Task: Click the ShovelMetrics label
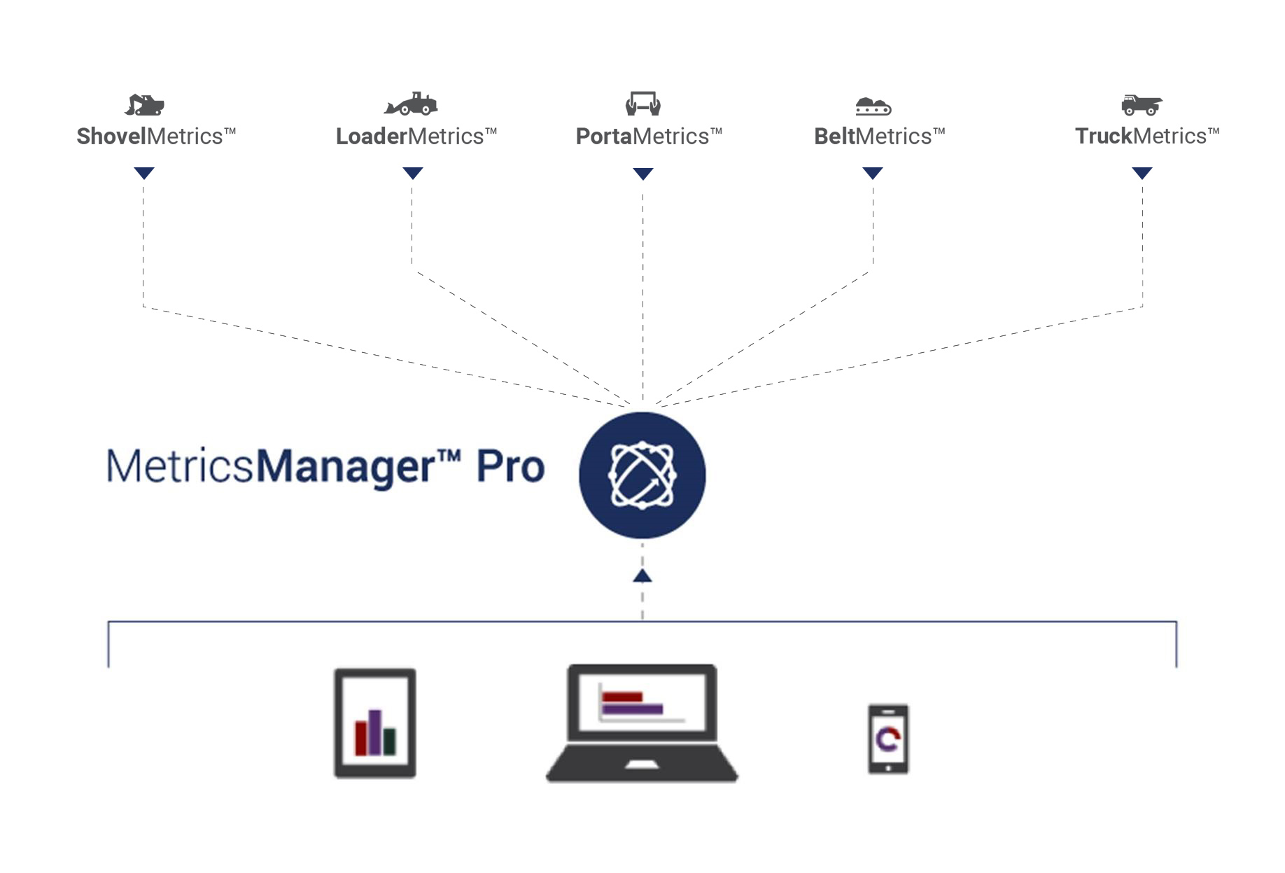click(155, 136)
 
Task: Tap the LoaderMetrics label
click(416, 136)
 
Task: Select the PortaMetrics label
click(648, 136)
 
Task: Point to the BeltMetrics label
click(879, 136)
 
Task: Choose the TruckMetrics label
click(1146, 136)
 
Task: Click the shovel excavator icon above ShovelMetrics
click(144, 105)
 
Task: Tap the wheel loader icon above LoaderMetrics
click(411, 104)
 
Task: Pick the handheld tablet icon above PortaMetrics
click(643, 104)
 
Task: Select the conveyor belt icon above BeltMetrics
click(873, 106)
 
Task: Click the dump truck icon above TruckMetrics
click(1142, 105)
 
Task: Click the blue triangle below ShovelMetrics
click(144, 173)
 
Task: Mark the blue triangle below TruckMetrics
click(1142, 173)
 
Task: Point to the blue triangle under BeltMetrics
click(873, 173)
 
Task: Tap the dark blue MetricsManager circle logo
click(642, 475)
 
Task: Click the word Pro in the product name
click(510, 467)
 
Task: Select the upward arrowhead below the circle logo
click(642, 575)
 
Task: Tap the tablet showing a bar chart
click(375, 723)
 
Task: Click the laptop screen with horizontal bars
click(642, 702)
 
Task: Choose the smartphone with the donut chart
click(888, 739)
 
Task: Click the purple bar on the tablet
click(375, 732)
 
